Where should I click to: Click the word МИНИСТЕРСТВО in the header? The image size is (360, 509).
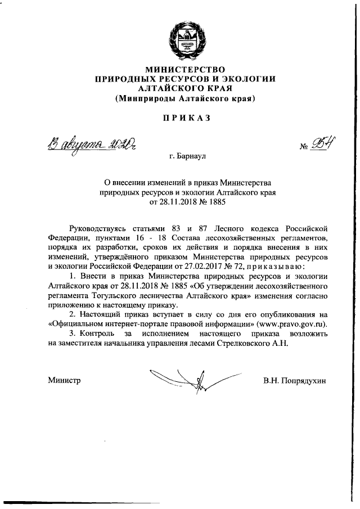(x=186, y=70)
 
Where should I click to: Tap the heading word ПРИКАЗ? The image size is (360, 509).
(x=186, y=118)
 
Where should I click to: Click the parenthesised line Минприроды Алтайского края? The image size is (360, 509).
(x=186, y=99)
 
